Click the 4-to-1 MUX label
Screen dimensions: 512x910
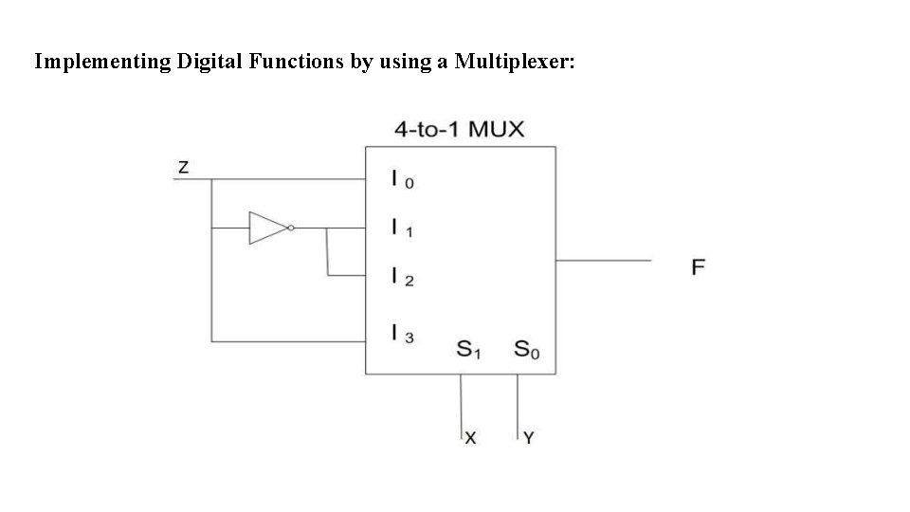459,129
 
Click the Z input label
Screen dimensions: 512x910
184,168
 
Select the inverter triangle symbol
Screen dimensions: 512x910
265,228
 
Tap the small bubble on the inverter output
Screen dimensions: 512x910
290,228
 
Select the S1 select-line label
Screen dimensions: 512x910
469,350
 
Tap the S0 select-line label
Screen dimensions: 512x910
526,350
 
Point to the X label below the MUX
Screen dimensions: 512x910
470,438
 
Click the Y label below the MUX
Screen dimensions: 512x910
529,438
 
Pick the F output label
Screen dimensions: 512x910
698,266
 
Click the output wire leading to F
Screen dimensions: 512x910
603,259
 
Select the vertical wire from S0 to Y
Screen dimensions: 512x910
518,403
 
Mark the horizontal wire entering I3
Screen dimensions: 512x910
284,340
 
